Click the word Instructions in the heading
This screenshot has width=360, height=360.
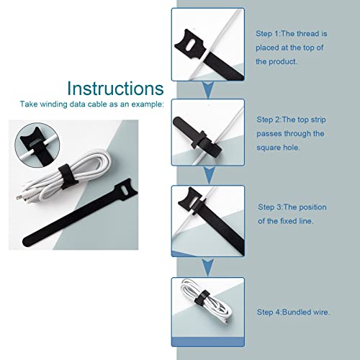point(115,89)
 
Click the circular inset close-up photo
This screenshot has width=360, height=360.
point(37,145)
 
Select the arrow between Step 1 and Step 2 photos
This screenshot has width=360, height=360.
point(208,90)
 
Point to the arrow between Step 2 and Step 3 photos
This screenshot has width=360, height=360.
point(209,175)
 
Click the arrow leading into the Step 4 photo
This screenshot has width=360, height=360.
point(208,267)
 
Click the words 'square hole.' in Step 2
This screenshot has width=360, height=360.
point(278,148)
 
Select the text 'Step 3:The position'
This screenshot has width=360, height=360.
point(292,207)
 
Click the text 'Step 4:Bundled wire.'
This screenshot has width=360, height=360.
point(293,312)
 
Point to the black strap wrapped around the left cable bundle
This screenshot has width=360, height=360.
point(67,176)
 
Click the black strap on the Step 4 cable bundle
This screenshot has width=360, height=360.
point(202,298)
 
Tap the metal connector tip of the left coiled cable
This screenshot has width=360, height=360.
point(18,198)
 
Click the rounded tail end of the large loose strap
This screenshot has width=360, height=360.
point(27,241)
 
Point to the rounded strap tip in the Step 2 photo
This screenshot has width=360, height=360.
point(178,122)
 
